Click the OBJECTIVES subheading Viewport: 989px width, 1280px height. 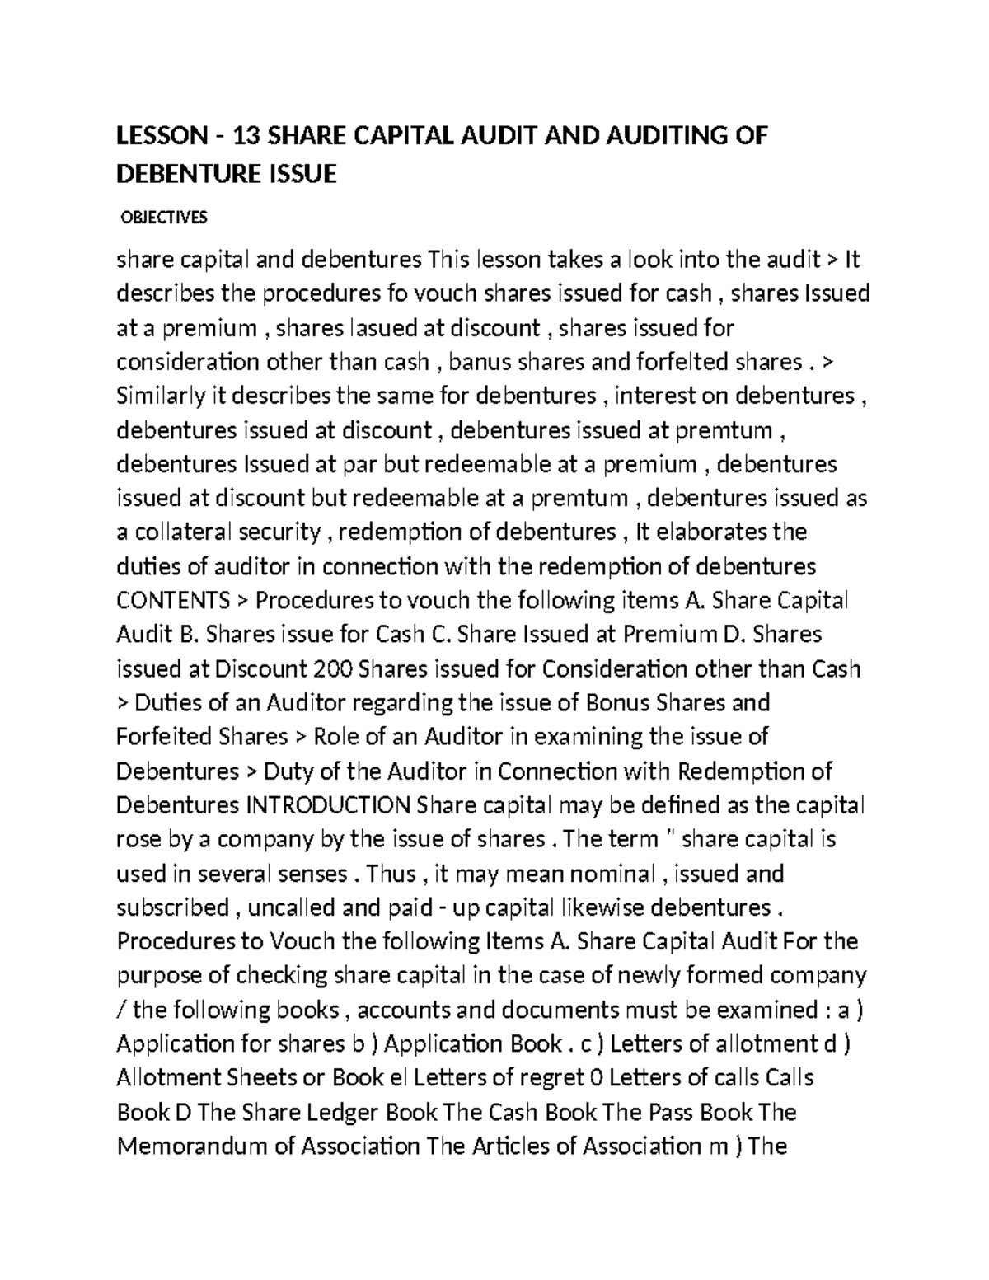pos(164,218)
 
